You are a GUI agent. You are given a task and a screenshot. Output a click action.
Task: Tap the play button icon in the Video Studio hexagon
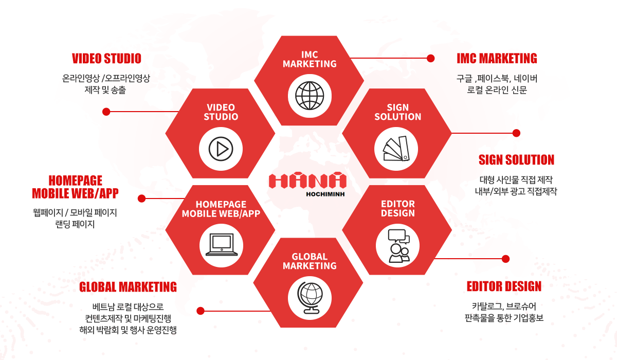(221, 149)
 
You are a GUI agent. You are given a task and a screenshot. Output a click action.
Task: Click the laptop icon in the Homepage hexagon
(221, 244)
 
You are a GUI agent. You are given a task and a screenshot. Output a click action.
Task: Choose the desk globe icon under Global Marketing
(310, 298)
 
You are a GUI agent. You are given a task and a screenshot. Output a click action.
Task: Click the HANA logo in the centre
(307, 181)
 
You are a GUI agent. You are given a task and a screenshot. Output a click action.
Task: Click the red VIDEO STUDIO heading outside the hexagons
(106, 59)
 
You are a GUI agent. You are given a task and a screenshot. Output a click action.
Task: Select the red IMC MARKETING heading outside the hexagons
(497, 59)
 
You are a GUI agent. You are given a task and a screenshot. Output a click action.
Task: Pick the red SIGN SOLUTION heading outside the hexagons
(516, 160)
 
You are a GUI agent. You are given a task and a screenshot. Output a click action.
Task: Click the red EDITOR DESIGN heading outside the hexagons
(504, 286)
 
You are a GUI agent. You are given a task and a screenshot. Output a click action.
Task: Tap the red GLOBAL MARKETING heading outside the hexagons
(128, 286)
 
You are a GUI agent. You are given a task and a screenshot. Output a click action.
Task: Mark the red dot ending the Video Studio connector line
(106, 111)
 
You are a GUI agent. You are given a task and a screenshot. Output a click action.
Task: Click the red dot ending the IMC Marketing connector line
(431, 58)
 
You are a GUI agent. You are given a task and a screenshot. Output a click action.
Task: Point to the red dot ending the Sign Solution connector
(516, 133)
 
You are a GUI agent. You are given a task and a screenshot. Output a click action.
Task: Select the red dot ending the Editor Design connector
(505, 258)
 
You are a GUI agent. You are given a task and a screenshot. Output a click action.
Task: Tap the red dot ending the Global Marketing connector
(201, 311)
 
